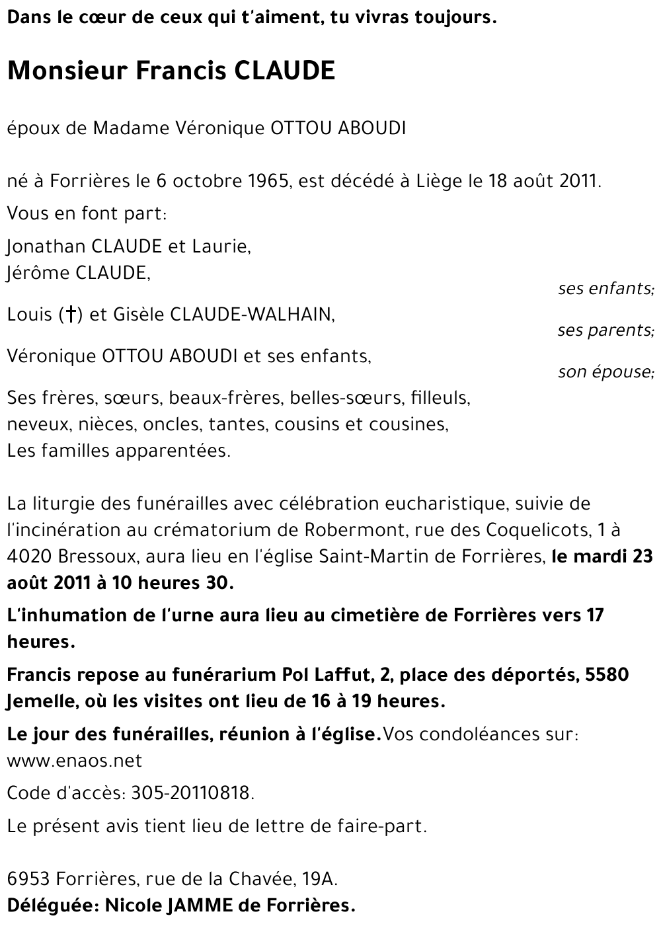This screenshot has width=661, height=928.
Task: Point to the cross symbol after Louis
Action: [x=68, y=315]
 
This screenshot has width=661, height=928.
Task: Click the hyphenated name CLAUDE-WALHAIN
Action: [x=252, y=315]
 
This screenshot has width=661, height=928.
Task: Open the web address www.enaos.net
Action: [x=74, y=760]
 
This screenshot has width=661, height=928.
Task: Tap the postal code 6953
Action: [x=29, y=879]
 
